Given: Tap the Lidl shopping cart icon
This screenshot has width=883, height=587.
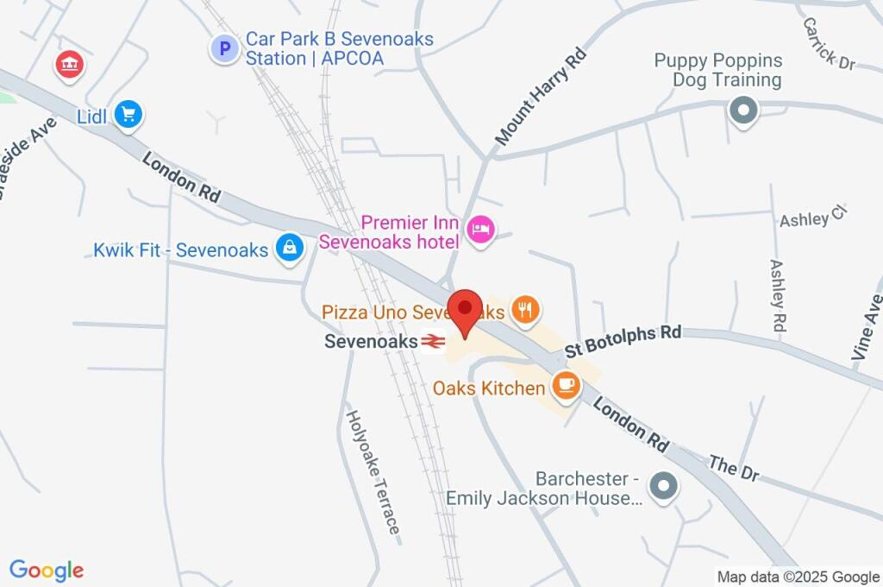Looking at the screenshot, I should pos(128,114).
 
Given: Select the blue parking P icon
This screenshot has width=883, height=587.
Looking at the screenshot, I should pos(224,48).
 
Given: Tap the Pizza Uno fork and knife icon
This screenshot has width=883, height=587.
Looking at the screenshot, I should pos(524,309).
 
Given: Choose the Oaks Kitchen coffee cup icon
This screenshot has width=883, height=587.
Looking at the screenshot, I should pos(566,385).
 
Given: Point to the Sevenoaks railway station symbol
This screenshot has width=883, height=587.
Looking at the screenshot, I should pos(433,342).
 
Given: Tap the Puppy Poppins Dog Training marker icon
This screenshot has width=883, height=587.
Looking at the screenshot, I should pos(742,110).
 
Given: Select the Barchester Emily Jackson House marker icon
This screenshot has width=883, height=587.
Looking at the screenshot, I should pos(663,486).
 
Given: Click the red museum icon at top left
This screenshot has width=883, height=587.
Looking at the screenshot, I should pos(68,63).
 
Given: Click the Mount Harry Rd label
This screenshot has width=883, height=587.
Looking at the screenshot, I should pos(541,96).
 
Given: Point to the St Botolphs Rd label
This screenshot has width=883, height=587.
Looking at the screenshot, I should pos(623,341).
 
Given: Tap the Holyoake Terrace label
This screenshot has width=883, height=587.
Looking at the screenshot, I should pos(373,470).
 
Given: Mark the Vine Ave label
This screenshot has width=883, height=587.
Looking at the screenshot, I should pos(867,327).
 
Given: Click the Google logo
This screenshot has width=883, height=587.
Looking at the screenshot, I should pos(47,571).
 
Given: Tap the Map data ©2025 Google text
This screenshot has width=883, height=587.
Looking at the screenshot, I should pos(798,577).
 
